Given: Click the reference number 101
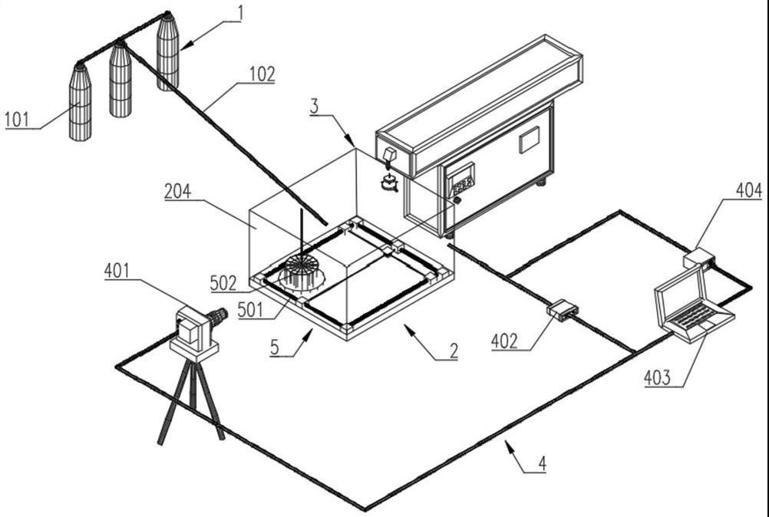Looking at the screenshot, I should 19,119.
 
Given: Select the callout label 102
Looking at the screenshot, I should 261,74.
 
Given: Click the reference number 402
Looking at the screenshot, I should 510,341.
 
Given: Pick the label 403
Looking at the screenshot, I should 658,377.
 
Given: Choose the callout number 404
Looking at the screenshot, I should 748,189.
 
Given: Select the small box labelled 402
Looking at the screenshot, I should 563,309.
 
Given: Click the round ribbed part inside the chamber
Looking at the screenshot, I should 302,275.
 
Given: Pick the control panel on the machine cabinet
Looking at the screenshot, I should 461,181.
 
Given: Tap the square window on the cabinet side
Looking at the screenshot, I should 530,140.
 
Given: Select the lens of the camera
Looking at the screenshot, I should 219,315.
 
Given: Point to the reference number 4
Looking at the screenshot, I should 542,463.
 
